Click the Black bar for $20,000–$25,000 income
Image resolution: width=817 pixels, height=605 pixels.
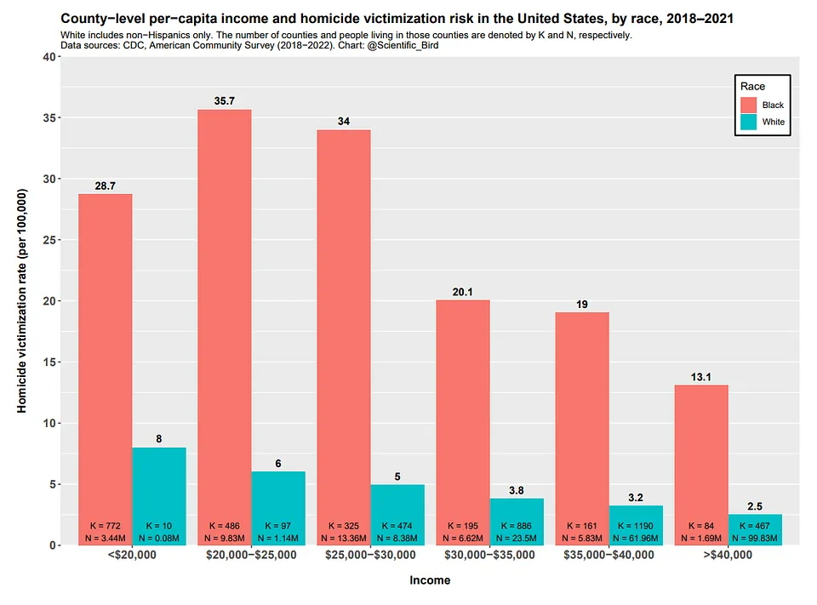(225, 315)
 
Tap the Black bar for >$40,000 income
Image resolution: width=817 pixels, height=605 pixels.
(701, 451)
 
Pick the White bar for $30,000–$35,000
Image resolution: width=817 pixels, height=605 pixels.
(517, 511)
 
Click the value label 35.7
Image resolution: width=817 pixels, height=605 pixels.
(225, 101)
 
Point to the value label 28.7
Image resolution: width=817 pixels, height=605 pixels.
(106, 185)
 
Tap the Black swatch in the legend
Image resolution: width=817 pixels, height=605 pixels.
(749, 105)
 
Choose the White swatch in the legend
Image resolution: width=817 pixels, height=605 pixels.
(749, 123)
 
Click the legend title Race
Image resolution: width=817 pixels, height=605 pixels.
(752, 86)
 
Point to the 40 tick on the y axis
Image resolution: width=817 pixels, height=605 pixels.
(49, 57)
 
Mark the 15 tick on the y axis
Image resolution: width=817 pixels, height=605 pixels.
(49, 362)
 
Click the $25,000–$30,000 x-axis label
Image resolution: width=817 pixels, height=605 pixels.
(370, 555)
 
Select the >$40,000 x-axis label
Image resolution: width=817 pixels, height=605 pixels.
(728, 555)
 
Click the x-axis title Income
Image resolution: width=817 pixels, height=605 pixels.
(430, 580)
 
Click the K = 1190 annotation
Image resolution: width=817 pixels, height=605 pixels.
(636, 526)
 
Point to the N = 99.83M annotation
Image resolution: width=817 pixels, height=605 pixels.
(755, 539)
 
